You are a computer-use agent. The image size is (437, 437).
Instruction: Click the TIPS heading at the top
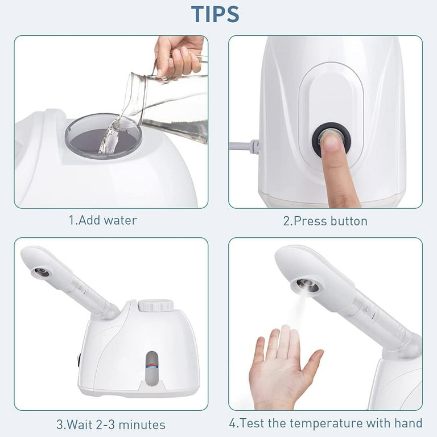click(x=215, y=14)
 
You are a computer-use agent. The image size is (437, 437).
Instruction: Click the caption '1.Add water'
click(x=103, y=220)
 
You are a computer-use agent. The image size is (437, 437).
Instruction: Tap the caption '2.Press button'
click(x=325, y=221)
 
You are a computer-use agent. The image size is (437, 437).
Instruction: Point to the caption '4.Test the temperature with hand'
click(x=325, y=423)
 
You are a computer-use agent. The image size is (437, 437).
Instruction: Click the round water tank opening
click(x=102, y=137)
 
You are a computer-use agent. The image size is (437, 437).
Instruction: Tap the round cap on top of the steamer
click(x=156, y=305)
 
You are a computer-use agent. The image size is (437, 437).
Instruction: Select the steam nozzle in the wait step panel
click(x=41, y=273)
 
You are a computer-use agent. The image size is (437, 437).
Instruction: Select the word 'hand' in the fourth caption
click(x=408, y=423)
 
